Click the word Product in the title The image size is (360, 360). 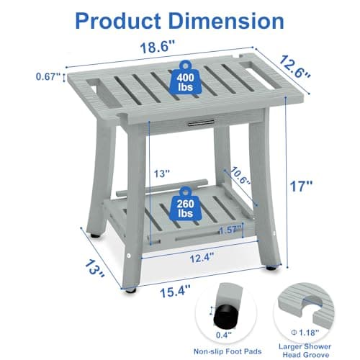click(118, 22)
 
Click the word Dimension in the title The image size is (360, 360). click(226, 21)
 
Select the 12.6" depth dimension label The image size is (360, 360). click(294, 66)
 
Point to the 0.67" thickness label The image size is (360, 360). click(48, 76)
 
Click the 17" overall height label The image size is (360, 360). click(302, 186)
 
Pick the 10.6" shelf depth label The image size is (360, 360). click(240, 176)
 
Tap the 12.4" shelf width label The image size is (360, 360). click(202, 258)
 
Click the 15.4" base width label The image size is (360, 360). click(175, 291)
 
